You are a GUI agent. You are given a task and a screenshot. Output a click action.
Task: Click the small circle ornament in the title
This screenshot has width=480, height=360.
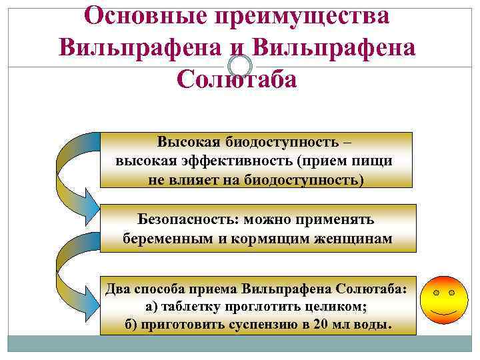click(240, 65)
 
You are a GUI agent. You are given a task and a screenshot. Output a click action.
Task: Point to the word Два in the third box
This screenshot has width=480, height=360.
click(121, 289)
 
